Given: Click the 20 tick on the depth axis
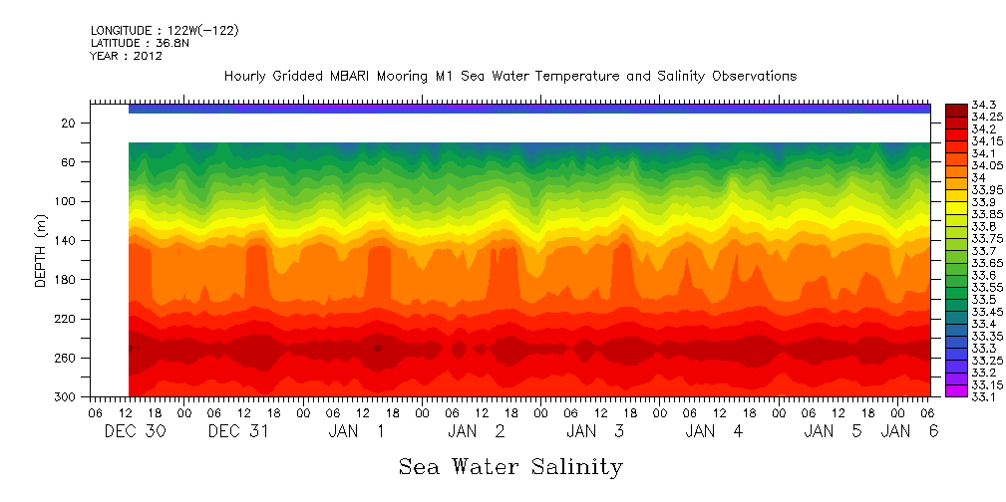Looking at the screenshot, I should tap(69, 123).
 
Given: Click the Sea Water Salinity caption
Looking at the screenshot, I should tap(510, 467).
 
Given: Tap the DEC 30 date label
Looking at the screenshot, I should tap(134, 431).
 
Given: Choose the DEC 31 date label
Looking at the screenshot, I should tap(237, 431).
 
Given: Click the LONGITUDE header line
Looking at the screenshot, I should tap(165, 31).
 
